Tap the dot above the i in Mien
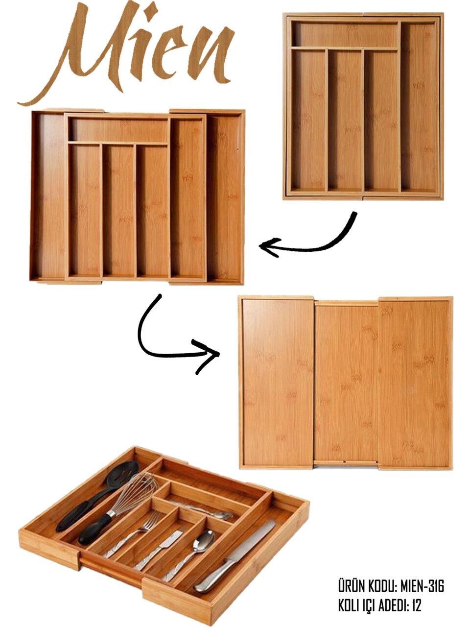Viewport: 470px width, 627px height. coord(150,11)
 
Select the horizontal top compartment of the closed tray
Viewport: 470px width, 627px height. coord(346,35)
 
